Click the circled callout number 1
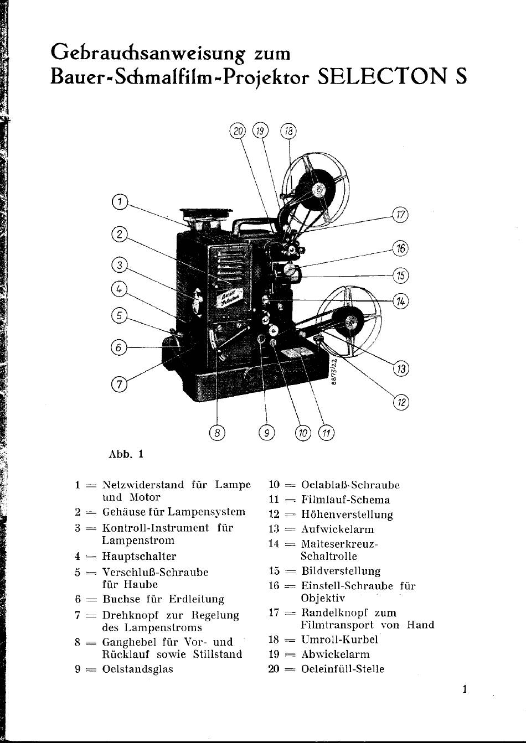point(120,202)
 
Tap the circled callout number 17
point(400,215)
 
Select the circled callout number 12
point(401,402)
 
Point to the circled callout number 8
point(217,433)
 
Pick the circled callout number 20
point(238,131)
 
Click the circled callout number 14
point(400,302)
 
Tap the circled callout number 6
point(119,347)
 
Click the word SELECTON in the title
point(382,76)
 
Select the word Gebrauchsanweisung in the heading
point(148,54)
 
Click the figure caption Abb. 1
point(126,454)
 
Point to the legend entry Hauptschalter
point(139,556)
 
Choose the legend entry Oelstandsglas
point(138,669)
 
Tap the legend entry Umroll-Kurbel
point(339,639)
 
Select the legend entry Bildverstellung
point(341,571)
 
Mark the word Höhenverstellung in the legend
point(347,515)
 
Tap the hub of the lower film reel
point(352,321)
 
